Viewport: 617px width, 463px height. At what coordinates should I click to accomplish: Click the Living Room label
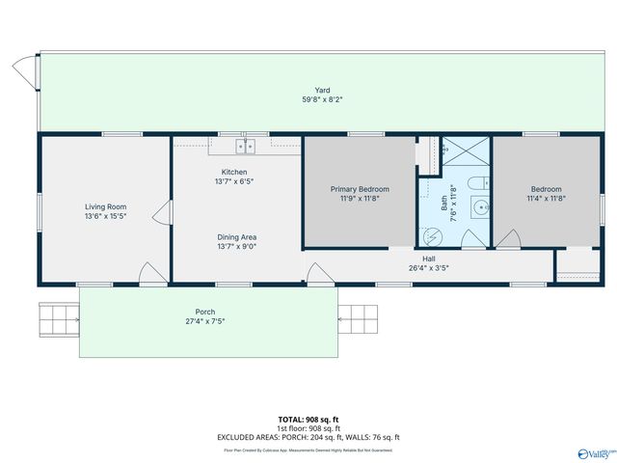pos(106,206)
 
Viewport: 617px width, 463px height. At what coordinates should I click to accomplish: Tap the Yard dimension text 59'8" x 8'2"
pos(322,99)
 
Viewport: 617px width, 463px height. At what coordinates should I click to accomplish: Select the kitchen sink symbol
pos(246,146)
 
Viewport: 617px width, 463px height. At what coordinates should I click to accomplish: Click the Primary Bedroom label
pos(359,189)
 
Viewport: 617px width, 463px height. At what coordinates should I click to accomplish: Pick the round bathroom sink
pos(480,205)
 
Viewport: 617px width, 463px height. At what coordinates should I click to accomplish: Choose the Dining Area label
pos(235,236)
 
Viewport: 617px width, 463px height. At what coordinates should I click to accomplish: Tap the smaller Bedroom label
pos(546,189)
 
